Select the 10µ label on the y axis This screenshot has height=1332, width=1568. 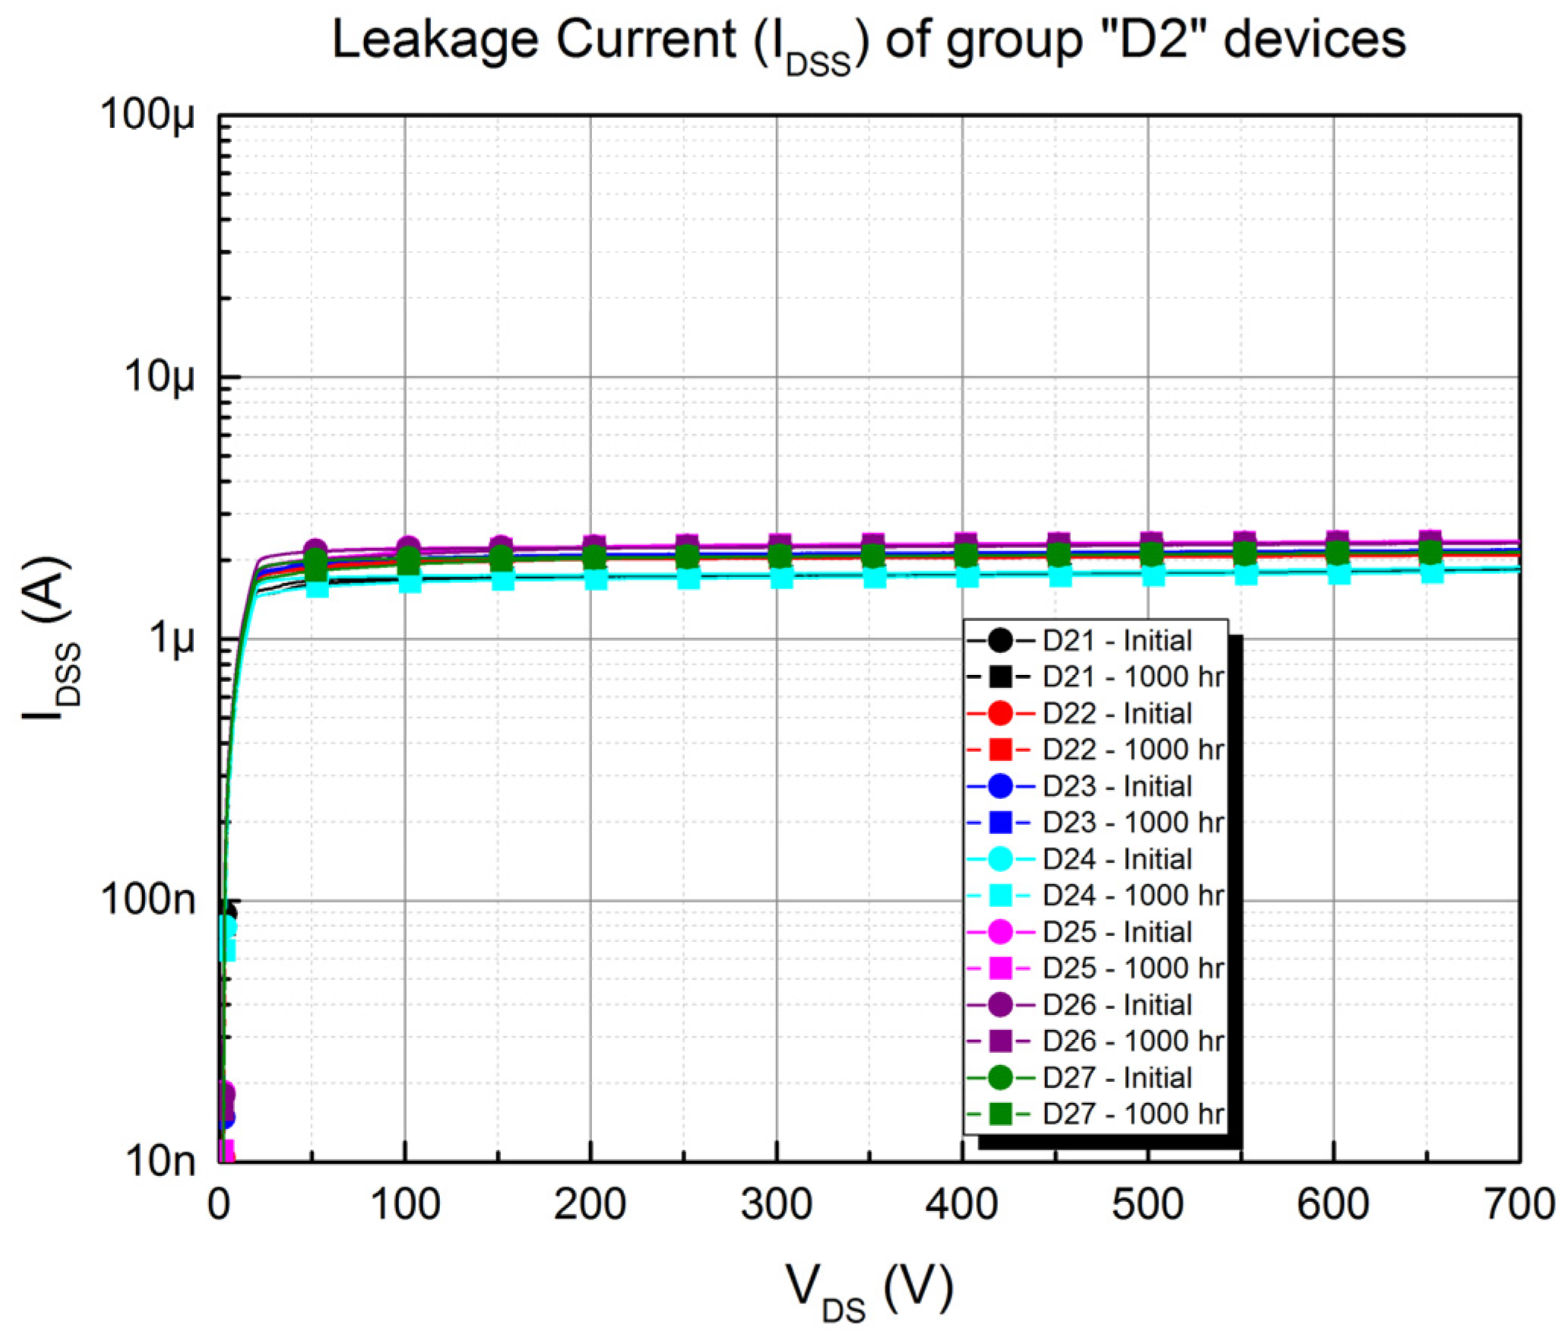click(160, 377)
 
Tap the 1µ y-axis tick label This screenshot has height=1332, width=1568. click(173, 639)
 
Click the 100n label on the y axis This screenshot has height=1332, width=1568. click(149, 900)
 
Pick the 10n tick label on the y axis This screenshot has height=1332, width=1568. click(160, 1161)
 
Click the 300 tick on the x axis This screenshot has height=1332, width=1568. click(776, 1205)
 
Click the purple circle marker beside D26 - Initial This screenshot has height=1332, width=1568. click(1001, 1004)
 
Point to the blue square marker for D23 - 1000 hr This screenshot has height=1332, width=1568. click(1001, 823)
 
